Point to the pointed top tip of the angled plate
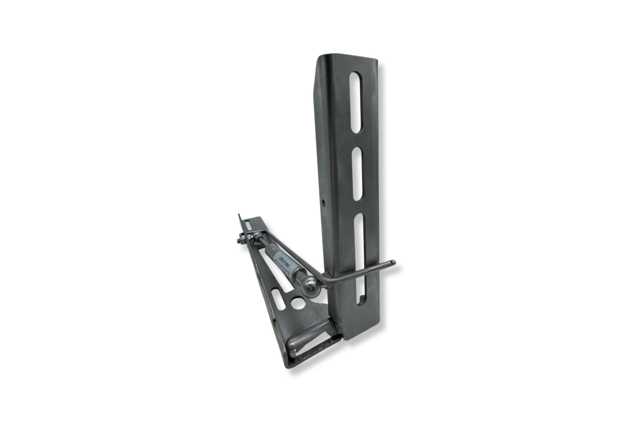pos(239,215)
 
